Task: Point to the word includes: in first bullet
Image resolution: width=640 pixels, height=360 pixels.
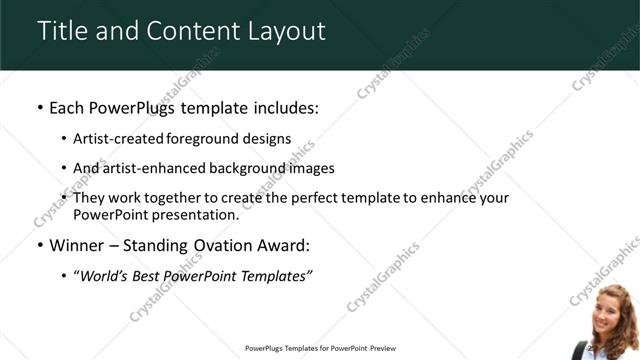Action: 280,107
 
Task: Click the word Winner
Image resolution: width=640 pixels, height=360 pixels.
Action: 76,245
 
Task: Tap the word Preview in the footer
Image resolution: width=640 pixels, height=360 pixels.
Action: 383,349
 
